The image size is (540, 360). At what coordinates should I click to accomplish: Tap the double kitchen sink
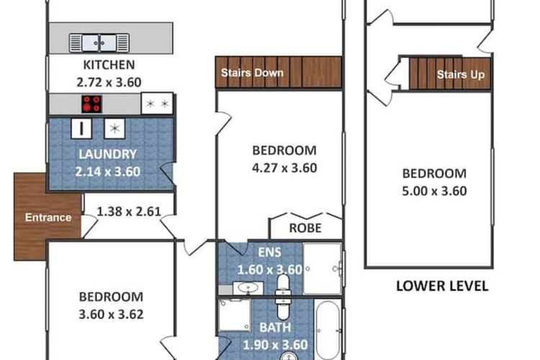[100, 43]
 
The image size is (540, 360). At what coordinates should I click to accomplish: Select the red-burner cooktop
[91, 104]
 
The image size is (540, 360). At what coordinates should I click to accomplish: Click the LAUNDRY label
[107, 153]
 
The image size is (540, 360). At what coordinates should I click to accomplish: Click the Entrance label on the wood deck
[48, 217]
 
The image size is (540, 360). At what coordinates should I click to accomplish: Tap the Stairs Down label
[251, 73]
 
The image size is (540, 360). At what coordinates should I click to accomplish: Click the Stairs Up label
[460, 74]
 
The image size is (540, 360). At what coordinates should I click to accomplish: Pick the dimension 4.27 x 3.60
[284, 168]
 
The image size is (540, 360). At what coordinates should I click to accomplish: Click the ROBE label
[305, 228]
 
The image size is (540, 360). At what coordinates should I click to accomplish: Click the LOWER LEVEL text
[442, 286]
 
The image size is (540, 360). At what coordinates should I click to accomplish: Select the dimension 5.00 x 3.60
[434, 191]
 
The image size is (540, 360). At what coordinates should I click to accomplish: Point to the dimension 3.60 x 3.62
[111, 314]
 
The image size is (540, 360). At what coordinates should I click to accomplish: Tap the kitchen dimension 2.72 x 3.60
[109, 82]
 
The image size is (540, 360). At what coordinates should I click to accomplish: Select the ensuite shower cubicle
[322, 269]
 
